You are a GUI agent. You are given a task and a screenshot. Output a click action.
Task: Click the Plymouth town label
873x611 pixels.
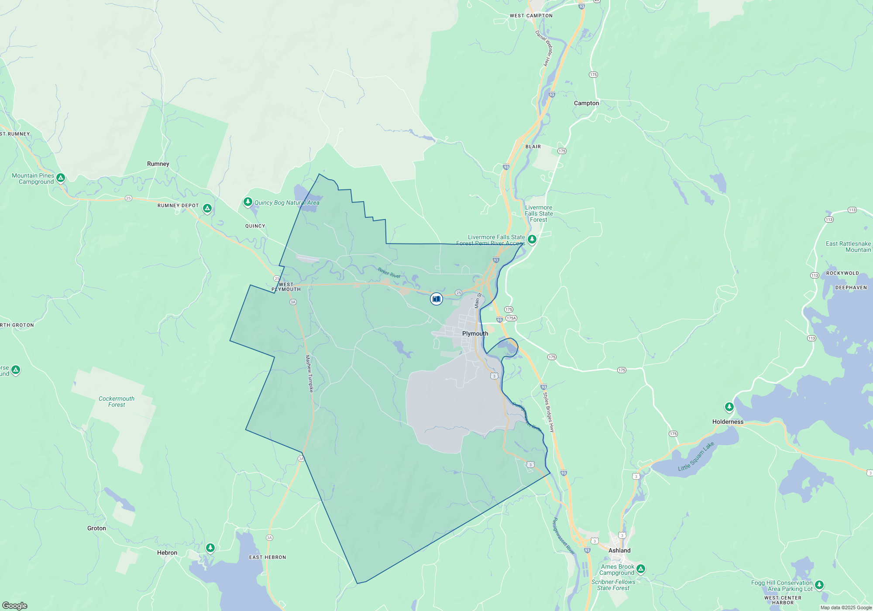tap(475, 333)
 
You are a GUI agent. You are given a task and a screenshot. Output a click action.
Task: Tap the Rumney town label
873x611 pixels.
tap(158, 164)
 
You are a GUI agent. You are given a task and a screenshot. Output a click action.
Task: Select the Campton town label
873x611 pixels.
tap(586, 103)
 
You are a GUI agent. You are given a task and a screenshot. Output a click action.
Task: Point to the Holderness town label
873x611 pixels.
tap(728, 422)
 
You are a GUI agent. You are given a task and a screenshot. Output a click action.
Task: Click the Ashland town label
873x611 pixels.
tap(619, 550)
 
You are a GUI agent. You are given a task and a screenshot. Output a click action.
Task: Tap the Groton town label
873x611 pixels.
tap(96, 528)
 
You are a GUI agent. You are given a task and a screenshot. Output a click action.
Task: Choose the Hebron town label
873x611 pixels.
tap(167, 553)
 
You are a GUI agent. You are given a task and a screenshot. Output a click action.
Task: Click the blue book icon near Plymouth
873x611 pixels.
tap(436, 299)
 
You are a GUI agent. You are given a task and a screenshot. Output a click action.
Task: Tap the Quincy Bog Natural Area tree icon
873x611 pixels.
tap(248, 202)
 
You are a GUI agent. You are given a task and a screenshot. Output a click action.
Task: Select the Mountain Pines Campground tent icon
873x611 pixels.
tap(61, 178)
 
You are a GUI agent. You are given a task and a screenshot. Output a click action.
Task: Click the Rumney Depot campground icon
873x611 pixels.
tap(207, 208)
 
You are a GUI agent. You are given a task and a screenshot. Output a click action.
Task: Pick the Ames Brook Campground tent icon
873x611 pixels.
tap(640, 569)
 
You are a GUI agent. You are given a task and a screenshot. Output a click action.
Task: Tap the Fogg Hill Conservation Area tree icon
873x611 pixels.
tap(819, 585)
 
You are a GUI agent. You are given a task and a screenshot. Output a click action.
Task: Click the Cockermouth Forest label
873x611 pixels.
tap(117, 402)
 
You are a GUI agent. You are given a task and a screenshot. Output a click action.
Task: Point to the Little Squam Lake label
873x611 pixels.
tap(696, 457)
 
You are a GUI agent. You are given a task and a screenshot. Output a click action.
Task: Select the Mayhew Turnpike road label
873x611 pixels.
tap(309, 374)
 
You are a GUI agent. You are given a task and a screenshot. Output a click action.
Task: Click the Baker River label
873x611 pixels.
tap(389, 273)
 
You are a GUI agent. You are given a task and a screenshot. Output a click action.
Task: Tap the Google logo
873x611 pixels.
tap(15, 605)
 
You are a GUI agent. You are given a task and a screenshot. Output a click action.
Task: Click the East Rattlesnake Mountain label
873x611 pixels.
tap(848, 247)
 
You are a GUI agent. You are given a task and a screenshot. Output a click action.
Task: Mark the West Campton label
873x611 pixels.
tap(531, 16)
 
